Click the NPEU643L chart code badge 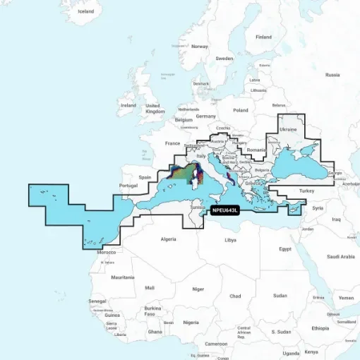[225, 209]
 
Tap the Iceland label [85, 12]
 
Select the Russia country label [332, 74]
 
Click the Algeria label [169, 239]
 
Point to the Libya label [230, 240]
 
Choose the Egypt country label [284, 248]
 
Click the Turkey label [305, 191]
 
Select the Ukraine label [289, 130]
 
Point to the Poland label [241, 110]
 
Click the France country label [173, 143]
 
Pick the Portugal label [128, 186]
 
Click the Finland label [263, 37]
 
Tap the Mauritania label [123, 277]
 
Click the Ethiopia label [320, 328]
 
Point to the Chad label [235, 294]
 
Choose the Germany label [206, 116]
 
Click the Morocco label [106, 252]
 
